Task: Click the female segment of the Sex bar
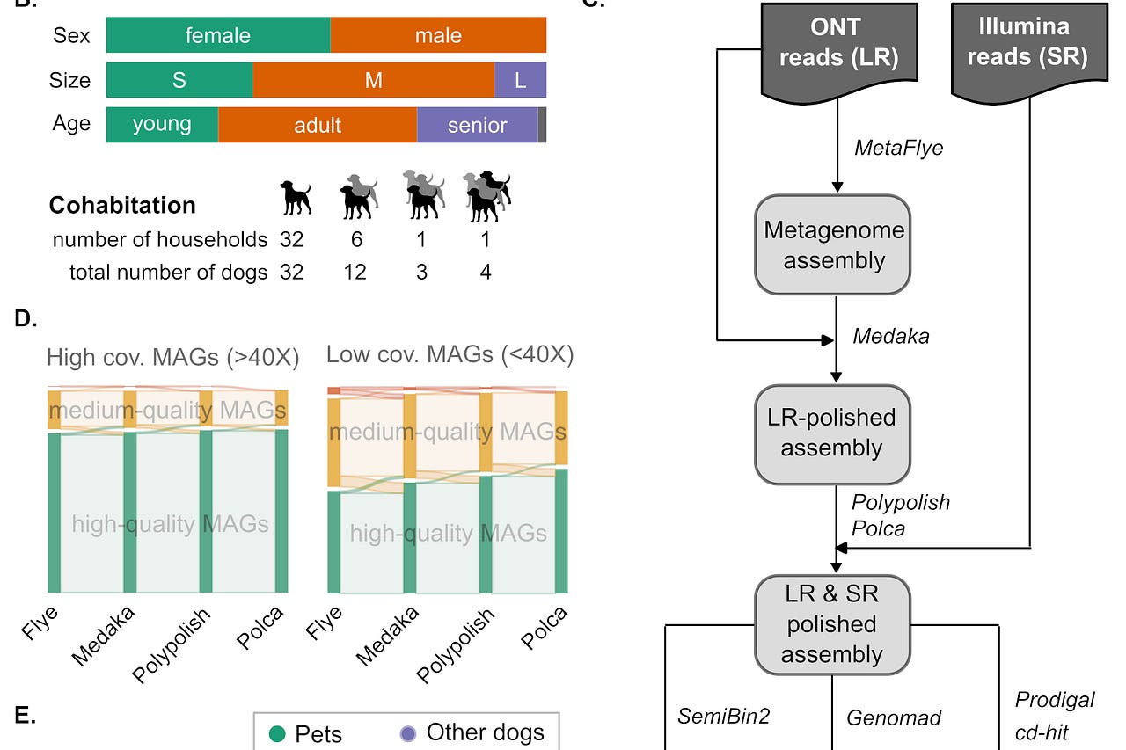[218, 36]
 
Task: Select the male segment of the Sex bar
[438, 36]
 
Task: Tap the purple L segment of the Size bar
[520, 80]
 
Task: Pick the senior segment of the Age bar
[477, 125]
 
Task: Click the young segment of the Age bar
[162, 125]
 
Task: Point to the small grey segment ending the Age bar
[542, 125]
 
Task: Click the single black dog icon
[296, 197]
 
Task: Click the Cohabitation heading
[122, 205]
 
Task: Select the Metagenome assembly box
[831, 244]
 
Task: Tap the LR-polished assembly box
[831, 433]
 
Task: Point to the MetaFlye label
[898, 148]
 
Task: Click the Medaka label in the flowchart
[891, 336]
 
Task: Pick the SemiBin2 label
[723, 716]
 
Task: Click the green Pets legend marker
[278, 733]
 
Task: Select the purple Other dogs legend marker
[407, 733]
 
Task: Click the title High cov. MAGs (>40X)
[173, 358]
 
